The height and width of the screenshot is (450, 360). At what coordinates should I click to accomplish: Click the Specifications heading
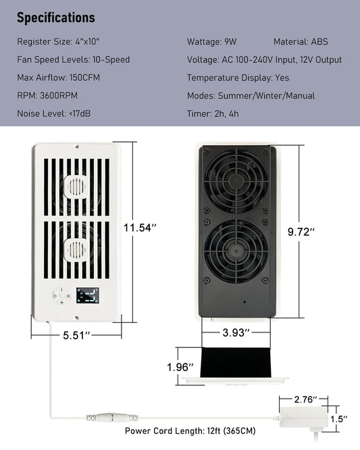(56, 18)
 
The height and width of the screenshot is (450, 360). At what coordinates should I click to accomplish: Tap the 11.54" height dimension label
(140, 228)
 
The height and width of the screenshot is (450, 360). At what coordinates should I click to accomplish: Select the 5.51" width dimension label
(76, 335)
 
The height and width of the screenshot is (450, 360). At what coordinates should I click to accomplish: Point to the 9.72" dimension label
(301, 232)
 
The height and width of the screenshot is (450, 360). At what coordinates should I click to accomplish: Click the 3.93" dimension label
(236, 332)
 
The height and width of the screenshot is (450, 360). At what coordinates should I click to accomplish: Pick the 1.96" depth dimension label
(180, 367)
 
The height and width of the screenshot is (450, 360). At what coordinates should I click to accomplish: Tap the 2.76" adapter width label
(305, 399)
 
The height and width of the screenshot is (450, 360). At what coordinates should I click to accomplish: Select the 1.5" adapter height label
(339, 419)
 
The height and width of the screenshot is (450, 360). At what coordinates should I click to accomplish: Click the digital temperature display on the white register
(88, 295)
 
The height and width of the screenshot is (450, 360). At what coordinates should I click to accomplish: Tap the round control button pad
(61, 295)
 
